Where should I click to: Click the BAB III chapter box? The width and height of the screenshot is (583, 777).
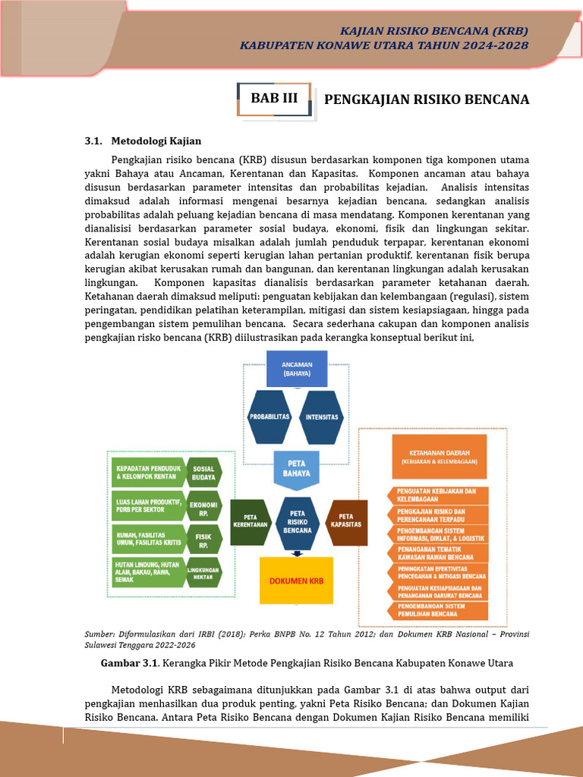[274, 99]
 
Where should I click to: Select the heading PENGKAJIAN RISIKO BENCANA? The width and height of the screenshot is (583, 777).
[426, 99]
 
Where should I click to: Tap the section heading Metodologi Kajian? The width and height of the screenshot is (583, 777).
[156, 141]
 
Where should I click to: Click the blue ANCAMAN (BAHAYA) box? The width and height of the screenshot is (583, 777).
[296, 370]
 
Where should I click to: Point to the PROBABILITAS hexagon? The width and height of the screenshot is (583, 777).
[269, 417]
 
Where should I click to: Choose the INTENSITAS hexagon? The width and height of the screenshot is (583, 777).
[322, 417]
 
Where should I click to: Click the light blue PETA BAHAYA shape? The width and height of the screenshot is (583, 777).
[295, 467]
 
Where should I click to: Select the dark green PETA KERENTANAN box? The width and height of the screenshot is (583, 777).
[251, 522]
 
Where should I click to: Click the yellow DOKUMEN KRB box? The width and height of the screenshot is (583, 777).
[297, 580]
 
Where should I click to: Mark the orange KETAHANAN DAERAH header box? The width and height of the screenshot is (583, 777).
[438, 456]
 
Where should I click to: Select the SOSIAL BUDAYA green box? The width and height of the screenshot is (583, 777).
[203, 473]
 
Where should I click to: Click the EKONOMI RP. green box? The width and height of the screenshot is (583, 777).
[203, 508]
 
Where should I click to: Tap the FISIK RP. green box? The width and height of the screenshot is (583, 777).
[203, 541]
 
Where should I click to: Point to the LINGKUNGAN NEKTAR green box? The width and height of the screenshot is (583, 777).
[203, 572]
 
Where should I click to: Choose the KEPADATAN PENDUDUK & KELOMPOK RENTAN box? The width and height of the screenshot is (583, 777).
[148, 473]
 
